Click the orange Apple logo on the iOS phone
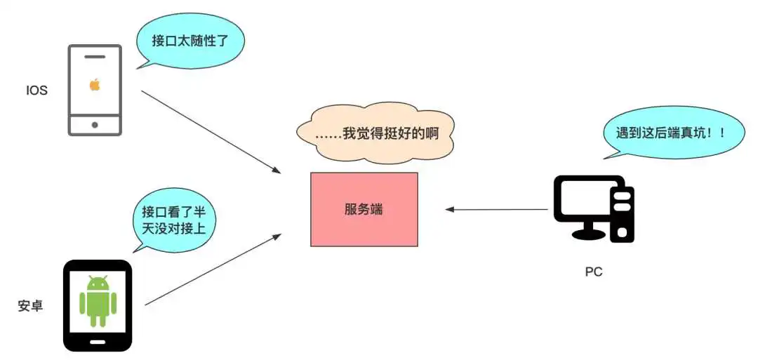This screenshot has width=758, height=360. (x=95, y=85)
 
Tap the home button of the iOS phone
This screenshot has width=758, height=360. (x=95, y=124)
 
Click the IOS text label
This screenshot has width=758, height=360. (x=36, y=91)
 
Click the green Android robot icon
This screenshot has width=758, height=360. (x=98, y=301)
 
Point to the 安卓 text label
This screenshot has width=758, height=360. (x=31, y=306)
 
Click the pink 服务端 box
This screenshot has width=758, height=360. (x=364, y=209)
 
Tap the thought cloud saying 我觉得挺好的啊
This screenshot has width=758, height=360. (x=375, y=133)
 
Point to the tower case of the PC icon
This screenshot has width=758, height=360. (x=622, y=210)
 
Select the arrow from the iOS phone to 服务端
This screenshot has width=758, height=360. (x=211, y=131)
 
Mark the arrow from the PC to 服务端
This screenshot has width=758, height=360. (x=497, y=209)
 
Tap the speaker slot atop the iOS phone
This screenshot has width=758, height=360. (x=95, y=56)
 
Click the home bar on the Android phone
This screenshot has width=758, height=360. (x=98, y=342)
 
